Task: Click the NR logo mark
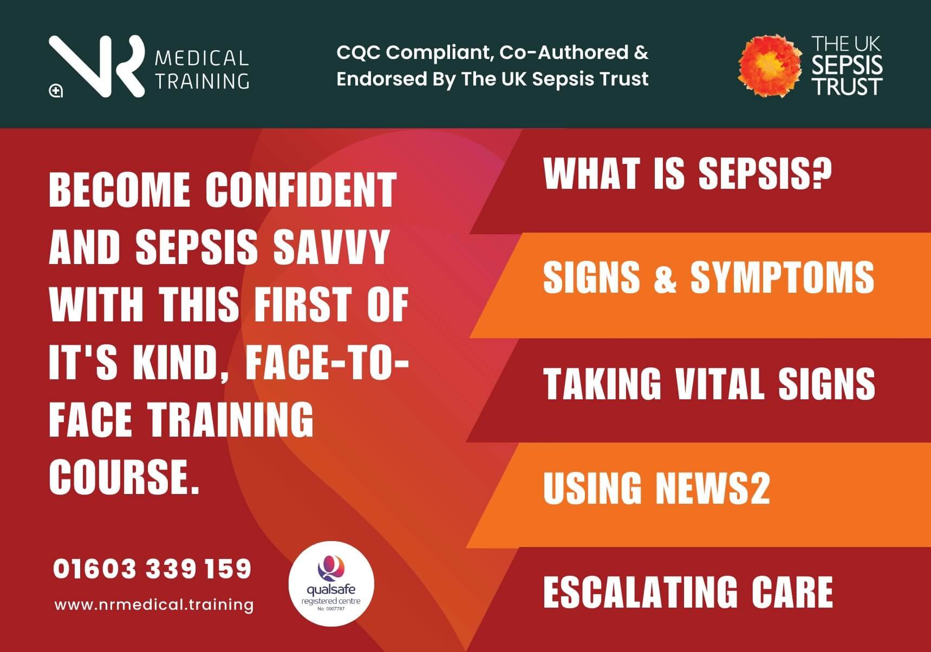(x=97, y=66)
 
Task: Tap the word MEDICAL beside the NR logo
(x=201, y=58)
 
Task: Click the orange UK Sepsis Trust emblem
(x=769, y=66)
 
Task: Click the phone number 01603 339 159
(x=152, y=569)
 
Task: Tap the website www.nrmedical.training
(x=154, y=604)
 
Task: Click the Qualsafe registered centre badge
(x=331, y=584)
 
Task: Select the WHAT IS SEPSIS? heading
(x=687, y=174)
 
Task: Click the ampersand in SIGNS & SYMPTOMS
(x=665, y=278)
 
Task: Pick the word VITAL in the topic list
(x=720, y=384)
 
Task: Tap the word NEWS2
(x=713, y=488)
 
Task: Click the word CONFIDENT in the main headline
(x=301, y=190)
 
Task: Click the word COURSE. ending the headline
(x=125, y=477)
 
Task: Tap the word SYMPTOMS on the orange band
(x=782, y=278)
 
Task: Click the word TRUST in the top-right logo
(x=847, y=87)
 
